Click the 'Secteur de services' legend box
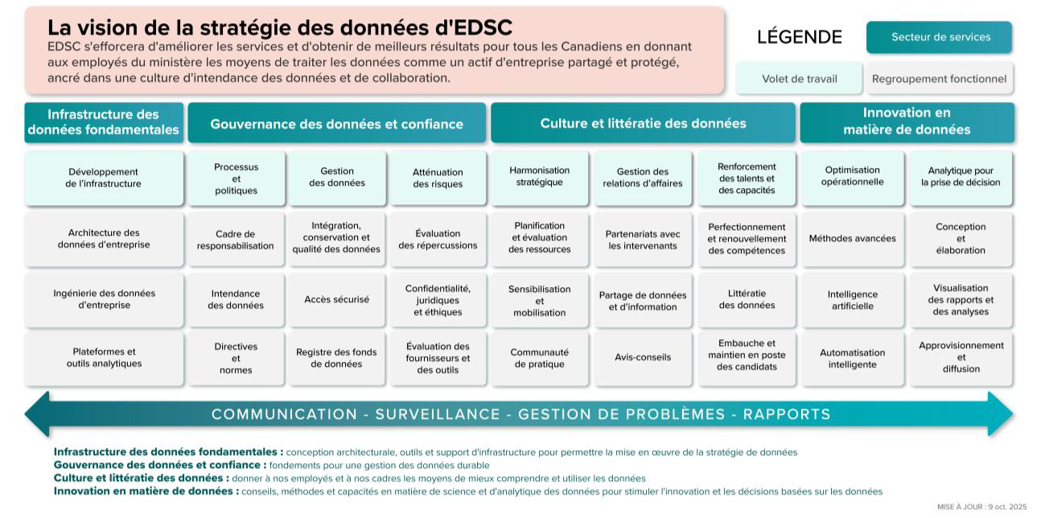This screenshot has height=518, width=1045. (940, 37)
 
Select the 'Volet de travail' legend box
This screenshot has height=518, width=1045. (799, 79)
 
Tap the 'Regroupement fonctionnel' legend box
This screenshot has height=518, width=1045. (939, 79)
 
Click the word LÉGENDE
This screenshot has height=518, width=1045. (799, 37)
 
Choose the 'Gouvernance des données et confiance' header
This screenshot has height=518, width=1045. (336, 124)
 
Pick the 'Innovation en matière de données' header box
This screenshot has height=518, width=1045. (907, 121)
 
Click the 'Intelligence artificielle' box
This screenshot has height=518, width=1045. (852, 300)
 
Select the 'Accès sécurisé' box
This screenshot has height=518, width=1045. (336, 299)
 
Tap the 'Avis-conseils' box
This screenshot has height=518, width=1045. (642, 357)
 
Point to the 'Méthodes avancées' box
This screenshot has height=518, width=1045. (852, 239)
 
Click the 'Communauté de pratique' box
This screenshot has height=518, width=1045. (539, 358)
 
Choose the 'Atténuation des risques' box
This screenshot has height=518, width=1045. (438, 178)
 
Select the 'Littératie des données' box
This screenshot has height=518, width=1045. (747, 299)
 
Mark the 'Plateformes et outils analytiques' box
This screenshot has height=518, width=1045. (104, 357)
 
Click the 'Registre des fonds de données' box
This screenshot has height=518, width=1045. (336, 358)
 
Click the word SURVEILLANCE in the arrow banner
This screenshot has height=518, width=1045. (438, 414)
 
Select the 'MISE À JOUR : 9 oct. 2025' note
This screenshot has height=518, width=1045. (981, 507)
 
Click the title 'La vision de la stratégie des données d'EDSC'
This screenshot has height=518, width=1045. (280, 28)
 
